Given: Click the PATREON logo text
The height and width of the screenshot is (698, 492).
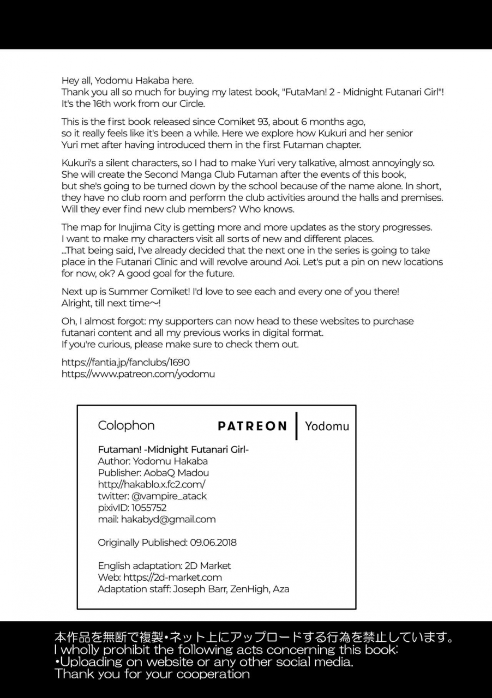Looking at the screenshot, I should (x=252, y=426).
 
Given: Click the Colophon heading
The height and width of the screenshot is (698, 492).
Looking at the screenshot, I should (x=126, y=425).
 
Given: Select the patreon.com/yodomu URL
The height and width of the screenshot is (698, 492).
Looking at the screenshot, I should (x=138, y=374).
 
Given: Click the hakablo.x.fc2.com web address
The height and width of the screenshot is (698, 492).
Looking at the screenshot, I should (x=152, y=484).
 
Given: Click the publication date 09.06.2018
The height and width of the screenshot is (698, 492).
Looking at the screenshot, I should (x=213, y=543).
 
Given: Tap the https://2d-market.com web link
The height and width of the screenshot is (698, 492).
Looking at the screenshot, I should (x=172, y=577).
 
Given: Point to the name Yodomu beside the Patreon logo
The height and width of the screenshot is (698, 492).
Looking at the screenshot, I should (x=327, y=426).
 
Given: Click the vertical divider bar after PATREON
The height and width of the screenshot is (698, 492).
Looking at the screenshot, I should (x=296, y=426).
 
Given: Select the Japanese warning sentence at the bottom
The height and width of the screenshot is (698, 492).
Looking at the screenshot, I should (x=254, y=637).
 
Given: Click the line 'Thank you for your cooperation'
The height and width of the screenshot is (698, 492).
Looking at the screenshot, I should (x=152, y=674).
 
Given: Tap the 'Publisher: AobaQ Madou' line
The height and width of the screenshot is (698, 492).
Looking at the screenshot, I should (x=153, y=473).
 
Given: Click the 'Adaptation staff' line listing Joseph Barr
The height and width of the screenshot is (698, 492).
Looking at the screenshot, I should (x=194, y=589).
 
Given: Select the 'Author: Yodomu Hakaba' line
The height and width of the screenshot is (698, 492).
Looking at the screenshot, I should (x=153, y=461).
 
